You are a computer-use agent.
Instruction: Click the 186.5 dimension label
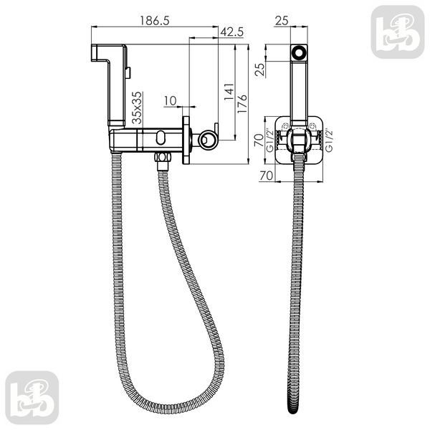pyautogui.click(x=155, y=21)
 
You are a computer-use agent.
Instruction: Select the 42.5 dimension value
pyautogui.click(x=231, y=32)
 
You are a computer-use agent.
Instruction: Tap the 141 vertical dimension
pyautogui.click(x=229, y=92)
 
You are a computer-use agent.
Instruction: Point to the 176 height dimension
pyautogui.click(x=242, y=104)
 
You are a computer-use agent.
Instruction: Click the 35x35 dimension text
pyautogui.click(x=137, y=107)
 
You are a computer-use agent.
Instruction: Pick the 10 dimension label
pyautogui.click(x=171, y=101)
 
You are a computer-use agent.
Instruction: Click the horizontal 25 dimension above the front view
pyautogui.click(x=282, y=21)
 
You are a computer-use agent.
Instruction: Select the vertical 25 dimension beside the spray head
pyautogui.click(x=260, y=70)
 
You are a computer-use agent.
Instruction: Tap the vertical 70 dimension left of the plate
pyautogui.click(x=259, y=140)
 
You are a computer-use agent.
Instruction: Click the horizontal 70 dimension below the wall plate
pyautogui.click(x=266, y=176)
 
